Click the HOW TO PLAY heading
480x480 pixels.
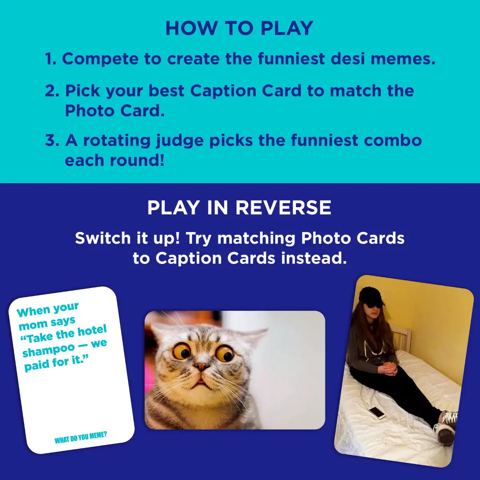pos(239,28)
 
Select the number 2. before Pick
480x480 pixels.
pos(52,91)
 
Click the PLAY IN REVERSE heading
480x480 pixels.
pos(239,208)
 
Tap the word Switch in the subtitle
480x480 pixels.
pos(103,238)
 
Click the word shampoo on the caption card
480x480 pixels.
pos(48,350)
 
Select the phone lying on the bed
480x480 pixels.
pos(376,412)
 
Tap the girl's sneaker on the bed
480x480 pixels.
pos(447,428)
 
